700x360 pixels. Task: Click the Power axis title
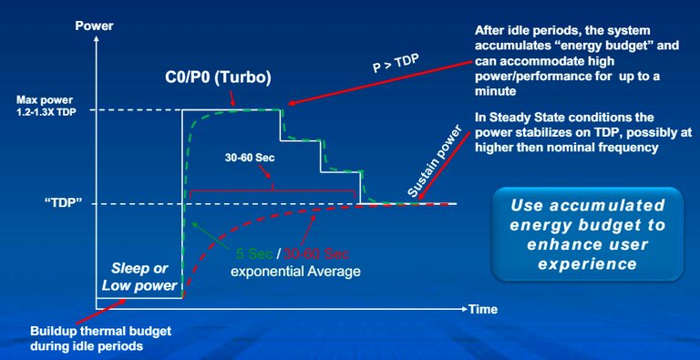click(94, 25)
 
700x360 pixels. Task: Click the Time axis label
click(483, 309)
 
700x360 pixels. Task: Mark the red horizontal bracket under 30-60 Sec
click(271, 193)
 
